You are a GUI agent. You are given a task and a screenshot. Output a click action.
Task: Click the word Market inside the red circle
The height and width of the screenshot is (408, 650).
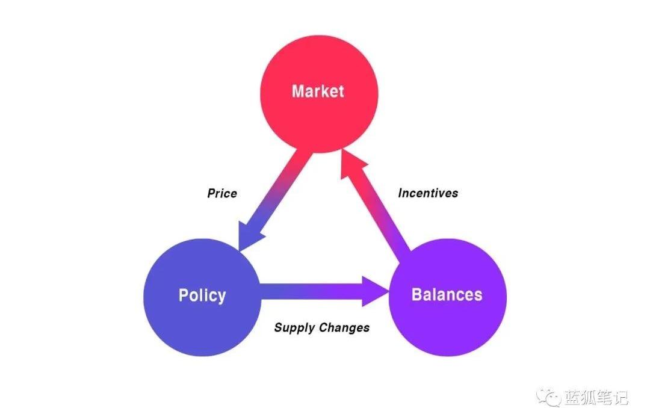318,91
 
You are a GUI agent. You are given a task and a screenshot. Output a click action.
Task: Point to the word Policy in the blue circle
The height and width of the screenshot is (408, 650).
202,295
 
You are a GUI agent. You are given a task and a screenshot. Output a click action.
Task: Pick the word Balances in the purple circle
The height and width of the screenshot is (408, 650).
447,295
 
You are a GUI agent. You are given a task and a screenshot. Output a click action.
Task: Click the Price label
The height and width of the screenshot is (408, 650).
222,194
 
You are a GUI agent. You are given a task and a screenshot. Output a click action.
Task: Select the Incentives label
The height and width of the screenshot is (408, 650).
428,193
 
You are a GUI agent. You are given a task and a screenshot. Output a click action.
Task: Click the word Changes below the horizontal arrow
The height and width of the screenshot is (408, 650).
344,328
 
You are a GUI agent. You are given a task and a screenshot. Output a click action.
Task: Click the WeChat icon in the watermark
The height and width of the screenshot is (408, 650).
548,396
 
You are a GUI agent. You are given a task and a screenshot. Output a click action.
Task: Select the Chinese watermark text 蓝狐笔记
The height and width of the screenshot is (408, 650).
595,397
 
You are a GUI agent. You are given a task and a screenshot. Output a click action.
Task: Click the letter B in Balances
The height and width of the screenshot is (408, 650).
418,295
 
